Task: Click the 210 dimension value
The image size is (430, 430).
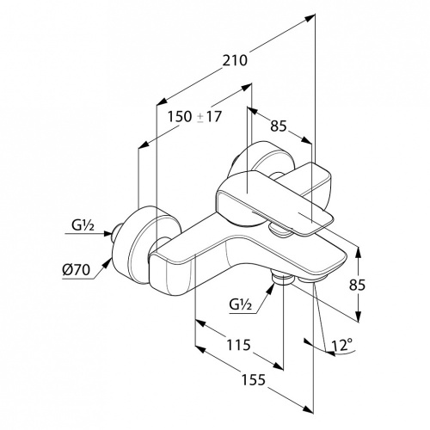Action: tap(235, 60)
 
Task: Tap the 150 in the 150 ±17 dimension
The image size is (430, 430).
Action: tap(180, 117)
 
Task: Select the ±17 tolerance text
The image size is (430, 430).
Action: tap(210, 117)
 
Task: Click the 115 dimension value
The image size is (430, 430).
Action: tap(238, 345)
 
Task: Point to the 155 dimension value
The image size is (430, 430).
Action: tap(254, 380)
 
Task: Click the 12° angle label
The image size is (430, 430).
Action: tap(341, 345)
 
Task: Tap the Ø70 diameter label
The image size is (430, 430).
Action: tap(77, 270)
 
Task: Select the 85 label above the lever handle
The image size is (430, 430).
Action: tap(279, 126)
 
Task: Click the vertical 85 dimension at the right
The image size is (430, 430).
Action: tap(357, 285)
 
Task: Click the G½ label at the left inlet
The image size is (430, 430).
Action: tap(83, 226)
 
